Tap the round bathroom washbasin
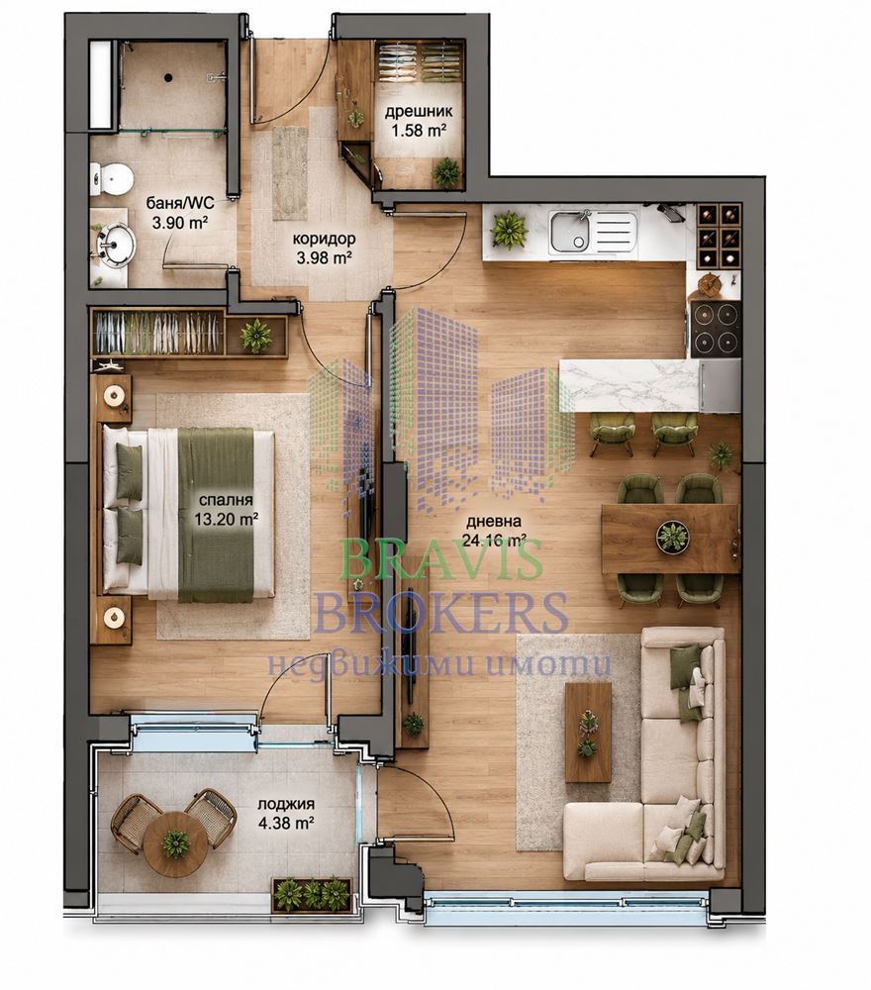tap(116, 244)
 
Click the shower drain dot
tap(168, 78)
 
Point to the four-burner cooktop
tap(716, 329)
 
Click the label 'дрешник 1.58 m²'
tap(419, 121)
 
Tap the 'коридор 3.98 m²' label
tap(323, 248)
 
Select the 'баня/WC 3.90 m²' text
tap(180, 213)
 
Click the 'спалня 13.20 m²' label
tap(226, 510)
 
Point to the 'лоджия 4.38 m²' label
tap(286, 814)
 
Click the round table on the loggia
tap(175, 843)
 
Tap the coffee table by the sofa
tap(588, 733)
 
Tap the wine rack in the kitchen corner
tap(720, 235)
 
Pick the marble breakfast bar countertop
tap(629, 384)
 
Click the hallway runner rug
tap(290, 173)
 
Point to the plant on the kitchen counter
tap(509, 230)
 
